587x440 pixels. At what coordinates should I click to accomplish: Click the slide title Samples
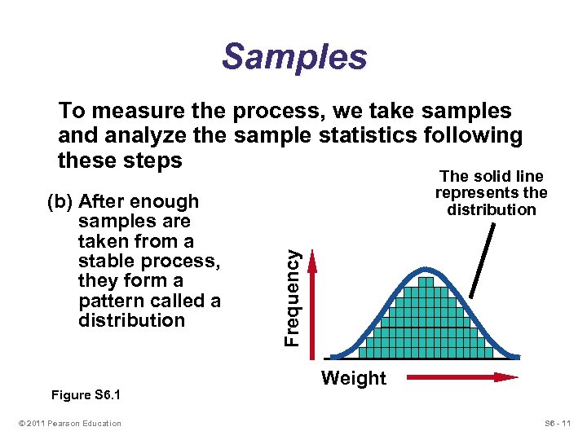[x=294, y=58]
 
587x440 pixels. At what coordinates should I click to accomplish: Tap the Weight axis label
[x=353, y=378]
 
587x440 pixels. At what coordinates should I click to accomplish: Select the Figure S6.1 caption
[x=85, y=395]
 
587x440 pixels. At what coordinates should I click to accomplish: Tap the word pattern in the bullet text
[x=111, y=301]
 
